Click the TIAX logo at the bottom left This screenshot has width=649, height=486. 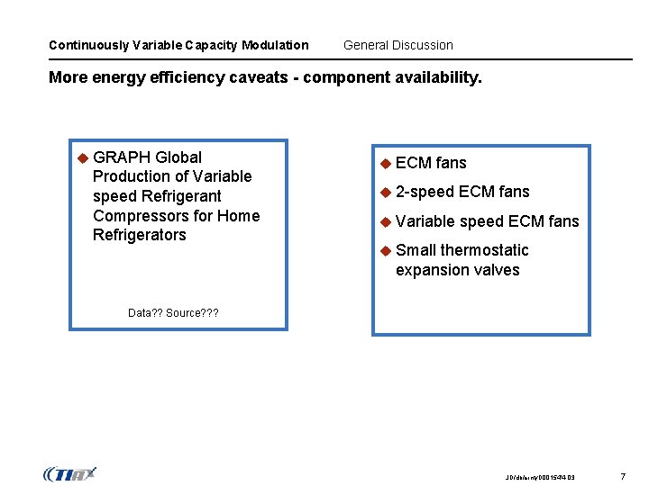click(69, 473)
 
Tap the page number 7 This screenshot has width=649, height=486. click(622, 475)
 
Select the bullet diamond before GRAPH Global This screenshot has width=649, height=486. click(81, 157)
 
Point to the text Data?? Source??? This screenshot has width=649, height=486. click(173, 313)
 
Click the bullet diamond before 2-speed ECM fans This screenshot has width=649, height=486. click(384, 192)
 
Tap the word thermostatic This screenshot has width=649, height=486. click(484, 250)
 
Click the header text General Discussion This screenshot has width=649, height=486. click(398, 45)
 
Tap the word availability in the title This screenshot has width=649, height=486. click(437, 77)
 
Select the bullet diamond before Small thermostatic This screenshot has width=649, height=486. click(384, 250)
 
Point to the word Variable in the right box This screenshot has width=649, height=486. click(425, 221)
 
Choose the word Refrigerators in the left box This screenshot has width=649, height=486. click(140, 236)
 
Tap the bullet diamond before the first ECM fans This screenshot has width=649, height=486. click(384, 163)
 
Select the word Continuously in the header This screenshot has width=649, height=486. click(88, 45)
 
